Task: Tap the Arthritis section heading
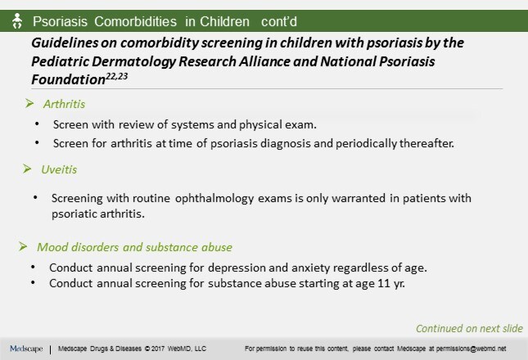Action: click(65, 105)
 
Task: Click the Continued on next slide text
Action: click(468, 329)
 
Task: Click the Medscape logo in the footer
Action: click(26, 349)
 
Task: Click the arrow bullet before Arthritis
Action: click(31, 105)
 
